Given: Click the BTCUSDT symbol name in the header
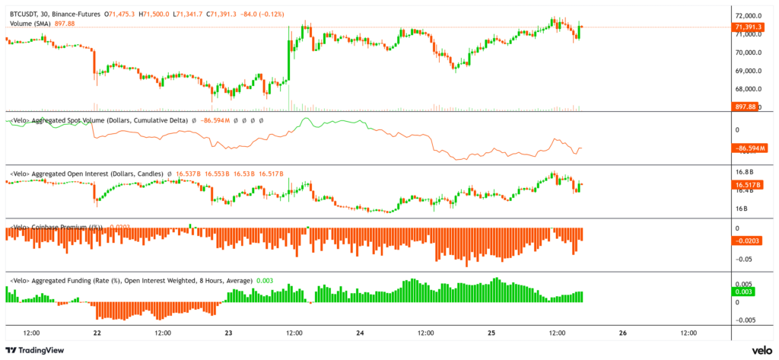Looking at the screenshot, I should click(25, 14).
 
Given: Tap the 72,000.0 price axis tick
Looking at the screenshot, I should click(749, 16).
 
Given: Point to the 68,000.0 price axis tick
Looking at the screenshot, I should click(749, 89).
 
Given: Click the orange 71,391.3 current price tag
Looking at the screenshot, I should click(749, 27).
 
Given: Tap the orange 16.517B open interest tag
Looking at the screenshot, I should click(749, 185).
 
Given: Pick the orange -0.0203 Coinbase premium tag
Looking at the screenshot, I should click(749, 241).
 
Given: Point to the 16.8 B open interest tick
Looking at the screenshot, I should click(745, 172).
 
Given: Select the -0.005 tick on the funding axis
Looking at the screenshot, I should click(746, 320).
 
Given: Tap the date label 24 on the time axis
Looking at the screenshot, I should click(360, 333).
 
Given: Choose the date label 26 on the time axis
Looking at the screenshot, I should click(623, 333).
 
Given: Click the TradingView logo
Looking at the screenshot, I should click(36, 349).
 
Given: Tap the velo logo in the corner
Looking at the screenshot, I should click(762, 349).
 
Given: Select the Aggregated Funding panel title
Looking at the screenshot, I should click(129, 281).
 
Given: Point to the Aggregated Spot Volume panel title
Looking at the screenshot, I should click(97, 120).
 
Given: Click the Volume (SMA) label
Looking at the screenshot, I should click(31, 24).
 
